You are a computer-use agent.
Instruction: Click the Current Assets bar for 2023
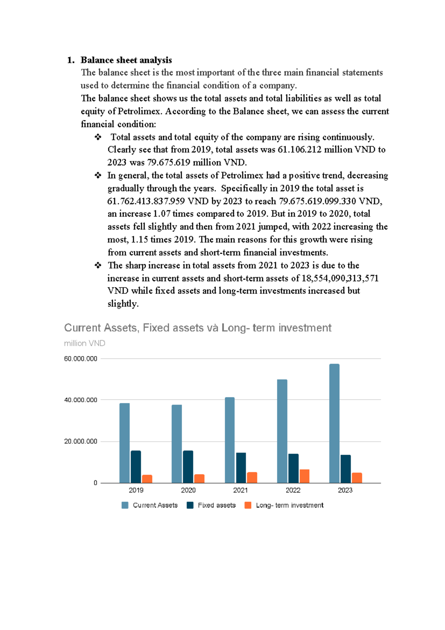334,423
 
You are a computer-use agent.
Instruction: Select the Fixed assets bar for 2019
136,467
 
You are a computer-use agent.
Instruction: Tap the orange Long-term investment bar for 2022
304,476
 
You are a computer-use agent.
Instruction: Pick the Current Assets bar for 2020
177,444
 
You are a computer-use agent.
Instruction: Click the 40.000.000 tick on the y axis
80,400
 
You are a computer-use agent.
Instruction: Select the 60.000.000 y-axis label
80,359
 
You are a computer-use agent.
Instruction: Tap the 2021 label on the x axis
240,490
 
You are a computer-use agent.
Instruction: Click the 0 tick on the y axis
95,483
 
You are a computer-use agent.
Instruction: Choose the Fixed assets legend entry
217,505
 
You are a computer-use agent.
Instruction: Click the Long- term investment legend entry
289,505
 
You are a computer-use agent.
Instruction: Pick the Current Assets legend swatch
125,505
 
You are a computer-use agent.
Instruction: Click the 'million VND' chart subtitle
85,343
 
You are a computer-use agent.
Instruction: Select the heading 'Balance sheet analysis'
126,60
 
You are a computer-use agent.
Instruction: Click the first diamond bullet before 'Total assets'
98,137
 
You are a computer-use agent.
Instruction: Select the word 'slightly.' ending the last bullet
123,304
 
